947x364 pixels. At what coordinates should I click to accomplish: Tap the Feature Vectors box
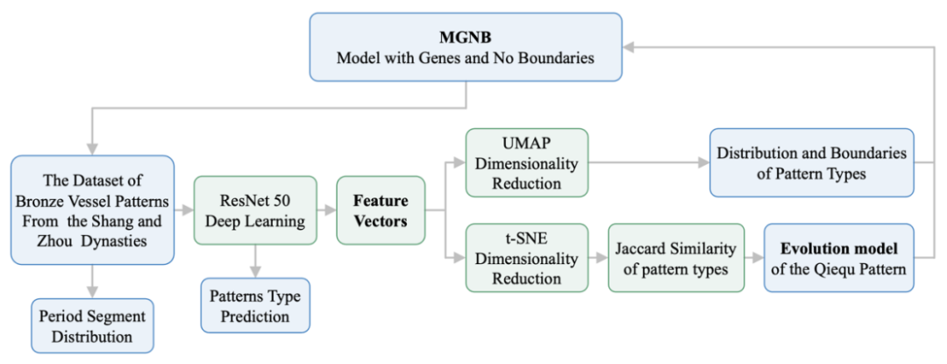coord(380,210)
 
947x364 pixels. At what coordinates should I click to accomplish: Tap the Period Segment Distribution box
coord(91,324)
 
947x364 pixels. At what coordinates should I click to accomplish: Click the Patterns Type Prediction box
coord(255,304)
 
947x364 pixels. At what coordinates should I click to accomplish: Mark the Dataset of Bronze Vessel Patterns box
coord(92,210)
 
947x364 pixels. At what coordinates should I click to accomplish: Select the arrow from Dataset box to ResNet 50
coord(183,210)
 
